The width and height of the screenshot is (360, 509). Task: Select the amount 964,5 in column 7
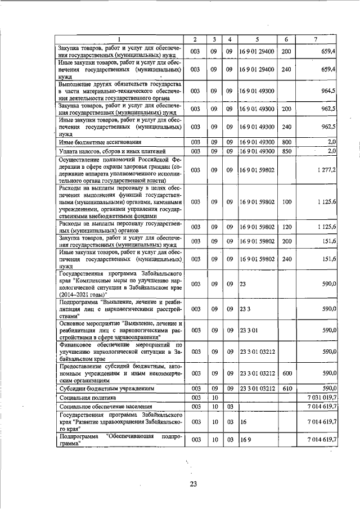coord(327,90)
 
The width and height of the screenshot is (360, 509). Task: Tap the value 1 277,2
coord(326,169)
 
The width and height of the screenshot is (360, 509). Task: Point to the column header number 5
coord(256,39)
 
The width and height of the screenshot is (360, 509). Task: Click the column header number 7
coord(316,39)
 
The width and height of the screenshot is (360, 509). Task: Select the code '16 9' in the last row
coord(244,440)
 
